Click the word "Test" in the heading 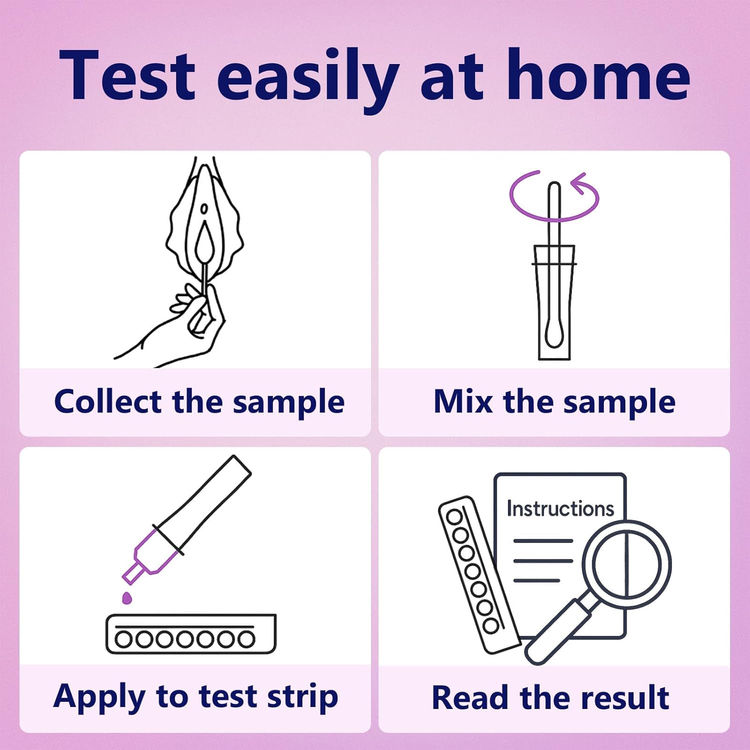click(x=127, y=75)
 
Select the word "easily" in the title click(x=308, y=80)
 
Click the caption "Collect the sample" click(x=199, y=402)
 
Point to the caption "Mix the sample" click(x=554, y=402)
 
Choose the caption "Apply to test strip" click(x=195, y=697)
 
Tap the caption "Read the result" click(x=550, y=697)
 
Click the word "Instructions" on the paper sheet click(x=560, y=508)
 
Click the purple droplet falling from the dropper click(x=127, y=597)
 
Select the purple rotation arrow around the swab click(x=554, y=196)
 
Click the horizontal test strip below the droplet click(x=190, y=633)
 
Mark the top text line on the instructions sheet click(x=543, y=541)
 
